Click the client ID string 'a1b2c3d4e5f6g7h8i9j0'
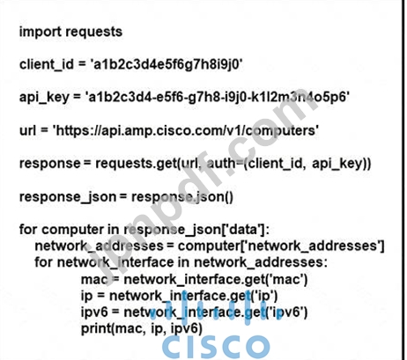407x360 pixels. tap(166, 64)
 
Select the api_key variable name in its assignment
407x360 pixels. tap(44, 98)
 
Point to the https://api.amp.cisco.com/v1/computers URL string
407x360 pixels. tap(186, 131)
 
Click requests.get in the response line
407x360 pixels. tap(136, 164)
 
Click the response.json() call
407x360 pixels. tap(182, 197)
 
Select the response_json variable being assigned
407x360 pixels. tap(68, 197)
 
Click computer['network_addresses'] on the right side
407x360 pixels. tap(281, 246)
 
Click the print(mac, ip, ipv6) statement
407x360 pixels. tap(142, 328)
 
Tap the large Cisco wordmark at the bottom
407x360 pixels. tap(216, 347)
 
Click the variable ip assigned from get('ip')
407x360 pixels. tap(86, 296)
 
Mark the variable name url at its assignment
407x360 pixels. tap(27, 130)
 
